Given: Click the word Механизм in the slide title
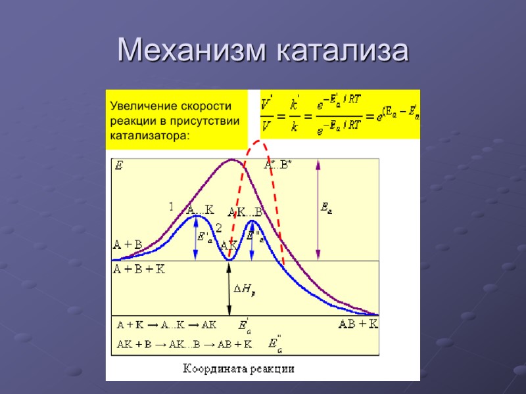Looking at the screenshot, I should (191, 51).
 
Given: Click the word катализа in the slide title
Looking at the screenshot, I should (342, 51).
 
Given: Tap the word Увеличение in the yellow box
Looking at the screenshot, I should (145, 106).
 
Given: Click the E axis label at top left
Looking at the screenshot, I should (119, 166).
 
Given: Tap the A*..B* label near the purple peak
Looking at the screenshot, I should (279, 165).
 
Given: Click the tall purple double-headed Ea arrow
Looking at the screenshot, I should (318, 210).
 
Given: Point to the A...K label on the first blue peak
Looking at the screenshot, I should (201, 210).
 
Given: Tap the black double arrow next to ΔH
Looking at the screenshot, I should (229, 289).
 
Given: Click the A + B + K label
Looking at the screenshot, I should (139, 269).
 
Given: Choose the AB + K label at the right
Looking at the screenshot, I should (358, 324).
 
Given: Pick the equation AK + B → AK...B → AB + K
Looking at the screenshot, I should (185, 343).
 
